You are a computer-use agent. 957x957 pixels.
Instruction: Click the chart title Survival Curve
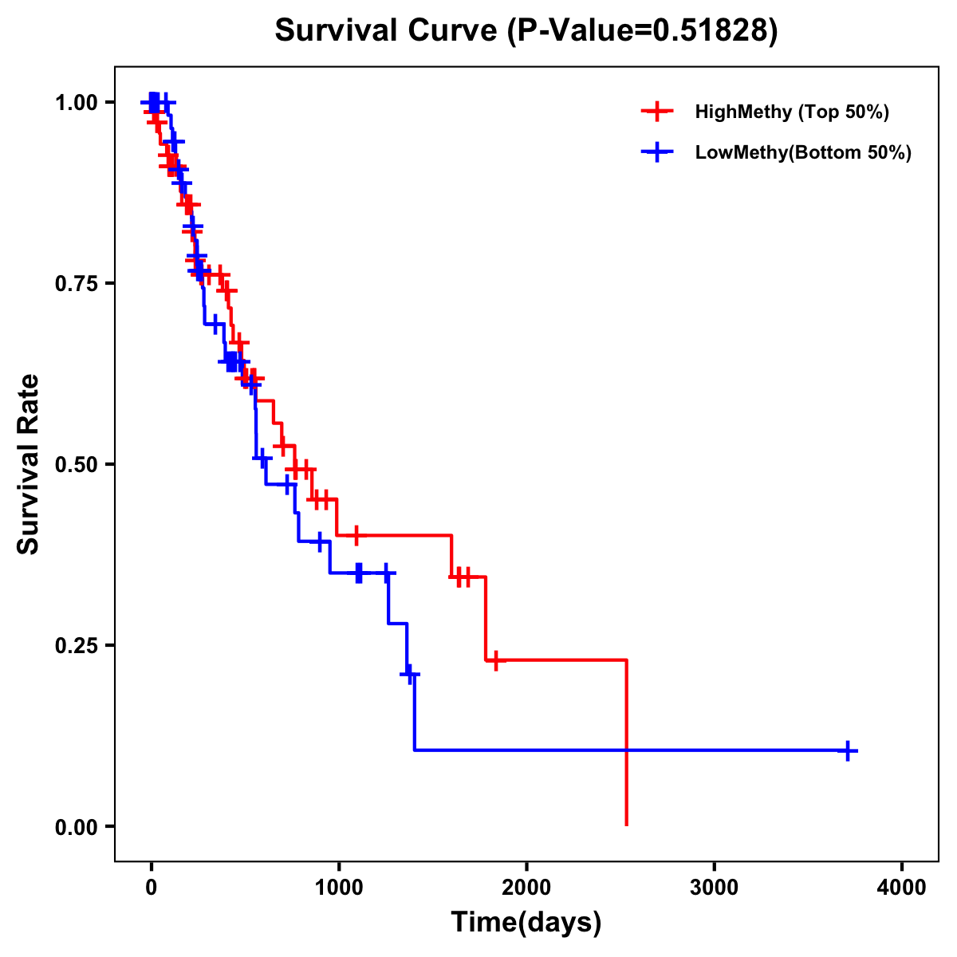(x=388, y=30)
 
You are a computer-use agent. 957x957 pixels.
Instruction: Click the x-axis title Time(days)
(x=526, y=922)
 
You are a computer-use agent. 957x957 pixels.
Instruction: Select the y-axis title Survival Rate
(x=29, y=463)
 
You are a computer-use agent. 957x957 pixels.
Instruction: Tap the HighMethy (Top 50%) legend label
(x=792, y=112)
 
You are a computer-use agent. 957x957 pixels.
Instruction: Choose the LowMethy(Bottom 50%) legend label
(x=803, y=152)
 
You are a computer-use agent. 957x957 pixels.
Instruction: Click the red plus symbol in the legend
(x=656, y=112)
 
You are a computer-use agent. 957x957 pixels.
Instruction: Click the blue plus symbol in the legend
(x=656, y=152)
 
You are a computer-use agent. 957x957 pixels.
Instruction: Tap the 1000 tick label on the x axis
(x=338, y=888)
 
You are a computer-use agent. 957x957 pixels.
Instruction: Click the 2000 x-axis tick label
(x=526, y=888)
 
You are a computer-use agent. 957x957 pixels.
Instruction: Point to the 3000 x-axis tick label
(x=714, y=888)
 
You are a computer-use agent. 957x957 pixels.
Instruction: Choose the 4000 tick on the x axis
(x=902, y=888)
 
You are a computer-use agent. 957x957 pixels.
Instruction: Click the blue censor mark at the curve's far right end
(x=848, y=750)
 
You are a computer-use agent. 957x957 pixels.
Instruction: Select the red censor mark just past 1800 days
(x=495, y=660)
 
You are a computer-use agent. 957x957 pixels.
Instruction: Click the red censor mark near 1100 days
(x=356, y=535)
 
